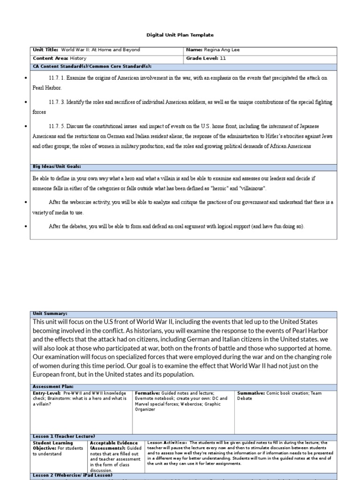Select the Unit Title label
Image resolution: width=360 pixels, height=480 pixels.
pyautogui.click(x=46, y=50)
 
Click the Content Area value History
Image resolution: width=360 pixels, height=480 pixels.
pyautogui.click(x=78, y=59)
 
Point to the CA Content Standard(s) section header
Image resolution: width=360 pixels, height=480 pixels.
pyautogui.click(x=92, y=67)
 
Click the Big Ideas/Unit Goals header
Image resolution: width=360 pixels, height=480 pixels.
pyautogui.click(x=57, y=166)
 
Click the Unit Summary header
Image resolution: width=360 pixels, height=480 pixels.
pyautogui.click(x=50, y=314)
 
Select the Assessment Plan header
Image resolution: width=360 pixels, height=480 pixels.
pyautogui.click(x=52, y=387)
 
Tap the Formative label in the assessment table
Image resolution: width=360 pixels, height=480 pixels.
pyautogui.click(x=147, y=393)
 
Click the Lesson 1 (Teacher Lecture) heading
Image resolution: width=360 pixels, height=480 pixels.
pyautogui.click(x=64, y=436)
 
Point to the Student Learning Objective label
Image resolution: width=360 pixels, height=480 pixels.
pyautogui.click(x=52, y=445)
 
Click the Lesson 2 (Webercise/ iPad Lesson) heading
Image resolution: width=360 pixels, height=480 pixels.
pyautogui.click(x=73, y=475)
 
